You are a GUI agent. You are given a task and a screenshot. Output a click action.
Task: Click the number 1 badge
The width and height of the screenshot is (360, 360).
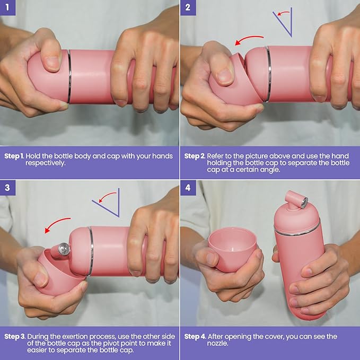tap(7, 7)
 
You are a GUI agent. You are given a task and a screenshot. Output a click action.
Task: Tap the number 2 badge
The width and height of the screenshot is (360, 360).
tap(188, 7)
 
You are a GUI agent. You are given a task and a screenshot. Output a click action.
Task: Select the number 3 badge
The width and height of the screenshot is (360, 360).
tap(7, 188)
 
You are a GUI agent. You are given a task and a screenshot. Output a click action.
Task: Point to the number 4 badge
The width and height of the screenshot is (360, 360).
tap(188, 188)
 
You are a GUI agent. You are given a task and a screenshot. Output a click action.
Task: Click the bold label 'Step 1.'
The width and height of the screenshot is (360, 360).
tap(14, 156)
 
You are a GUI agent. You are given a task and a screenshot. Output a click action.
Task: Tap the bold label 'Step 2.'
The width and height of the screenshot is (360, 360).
tap(195, 156)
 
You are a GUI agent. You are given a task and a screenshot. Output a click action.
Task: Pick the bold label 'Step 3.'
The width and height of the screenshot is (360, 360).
tap(15, 337)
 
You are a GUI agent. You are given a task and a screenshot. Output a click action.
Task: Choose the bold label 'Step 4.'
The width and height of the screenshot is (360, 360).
tap(195, 337)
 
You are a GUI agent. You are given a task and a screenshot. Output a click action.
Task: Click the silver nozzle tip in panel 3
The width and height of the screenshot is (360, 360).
tap(64, 249)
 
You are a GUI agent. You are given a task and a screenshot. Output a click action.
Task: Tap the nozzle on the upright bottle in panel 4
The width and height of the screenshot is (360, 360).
tap(296, 200)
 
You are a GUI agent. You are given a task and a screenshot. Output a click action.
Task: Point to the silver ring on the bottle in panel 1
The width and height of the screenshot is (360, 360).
tap(69, 76)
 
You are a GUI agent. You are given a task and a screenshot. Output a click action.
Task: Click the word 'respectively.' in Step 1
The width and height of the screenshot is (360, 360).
tap(46, 163)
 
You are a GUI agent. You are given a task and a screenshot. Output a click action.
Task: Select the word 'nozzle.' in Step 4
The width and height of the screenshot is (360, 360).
tap(218, 344)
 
